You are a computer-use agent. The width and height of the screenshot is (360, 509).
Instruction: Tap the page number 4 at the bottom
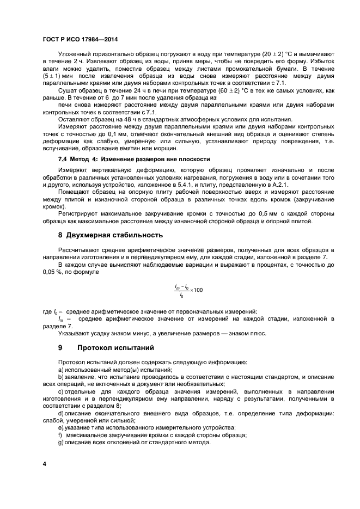(x=45, y=463)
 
